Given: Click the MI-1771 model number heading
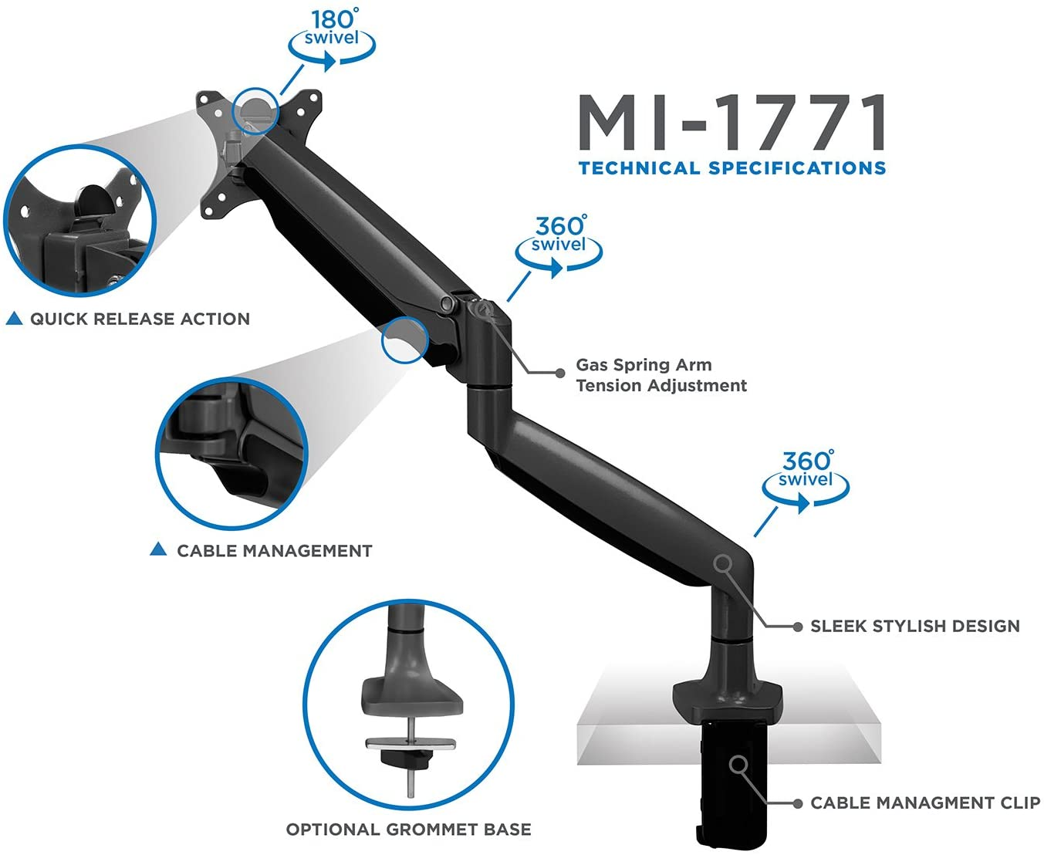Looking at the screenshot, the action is tap(731, 122).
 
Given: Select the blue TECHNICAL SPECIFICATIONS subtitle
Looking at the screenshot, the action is tap(732, 168).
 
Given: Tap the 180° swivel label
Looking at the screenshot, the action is tap(332, 28).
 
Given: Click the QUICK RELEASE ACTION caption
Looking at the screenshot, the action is tap(140, 319).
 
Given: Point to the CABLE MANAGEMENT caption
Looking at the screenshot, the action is tap(275, 550).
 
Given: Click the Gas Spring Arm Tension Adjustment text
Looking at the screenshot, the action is tap(661, 375).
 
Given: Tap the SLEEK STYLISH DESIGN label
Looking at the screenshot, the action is tap(915, 626).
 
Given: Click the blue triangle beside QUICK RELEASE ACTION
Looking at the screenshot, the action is tap(15, 319).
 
